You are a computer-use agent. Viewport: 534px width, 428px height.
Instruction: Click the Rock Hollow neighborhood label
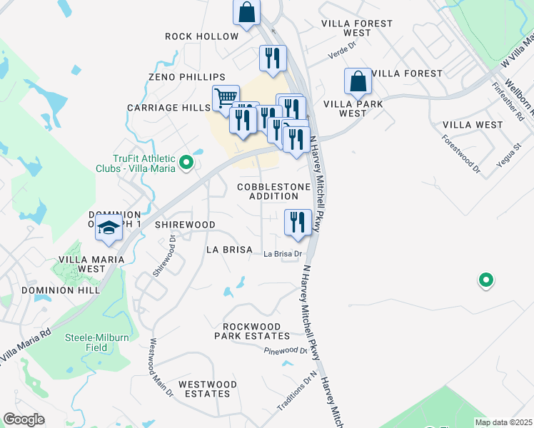pyautogui.click(x=201, y=36)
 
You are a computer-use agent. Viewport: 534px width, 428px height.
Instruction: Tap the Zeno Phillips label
pyautogui.click(x=187, y=77)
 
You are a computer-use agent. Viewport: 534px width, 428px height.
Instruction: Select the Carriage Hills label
pyautogui.click(x=168, y=108)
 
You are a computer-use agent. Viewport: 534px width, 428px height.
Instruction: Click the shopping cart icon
pyautogui.click(x=226, y=97)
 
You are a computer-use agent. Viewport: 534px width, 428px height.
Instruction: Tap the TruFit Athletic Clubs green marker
pyautogui.click(x=186, y=163)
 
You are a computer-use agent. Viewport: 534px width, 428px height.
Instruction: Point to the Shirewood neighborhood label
pyautogui.click(x=181, y=225)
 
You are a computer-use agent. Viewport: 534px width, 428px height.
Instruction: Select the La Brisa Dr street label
pyautogui.click(x=283, y=254)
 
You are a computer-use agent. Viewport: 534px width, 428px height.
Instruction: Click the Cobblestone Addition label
pyautogui.click(x=273, y=191)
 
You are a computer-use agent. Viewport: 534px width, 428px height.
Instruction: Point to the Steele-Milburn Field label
pyautogui.click(x=97, y=342)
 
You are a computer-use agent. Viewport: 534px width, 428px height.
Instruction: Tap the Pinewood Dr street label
pyautogui.click(x=285, y=351)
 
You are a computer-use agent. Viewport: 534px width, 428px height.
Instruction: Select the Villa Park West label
pyautogui.click(x=353, y=108)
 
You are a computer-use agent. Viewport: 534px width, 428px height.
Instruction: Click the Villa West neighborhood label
pyautogui.click(x=473, y=125)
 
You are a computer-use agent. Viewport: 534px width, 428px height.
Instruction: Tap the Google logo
pyautogui.click(x=24, y=419)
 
